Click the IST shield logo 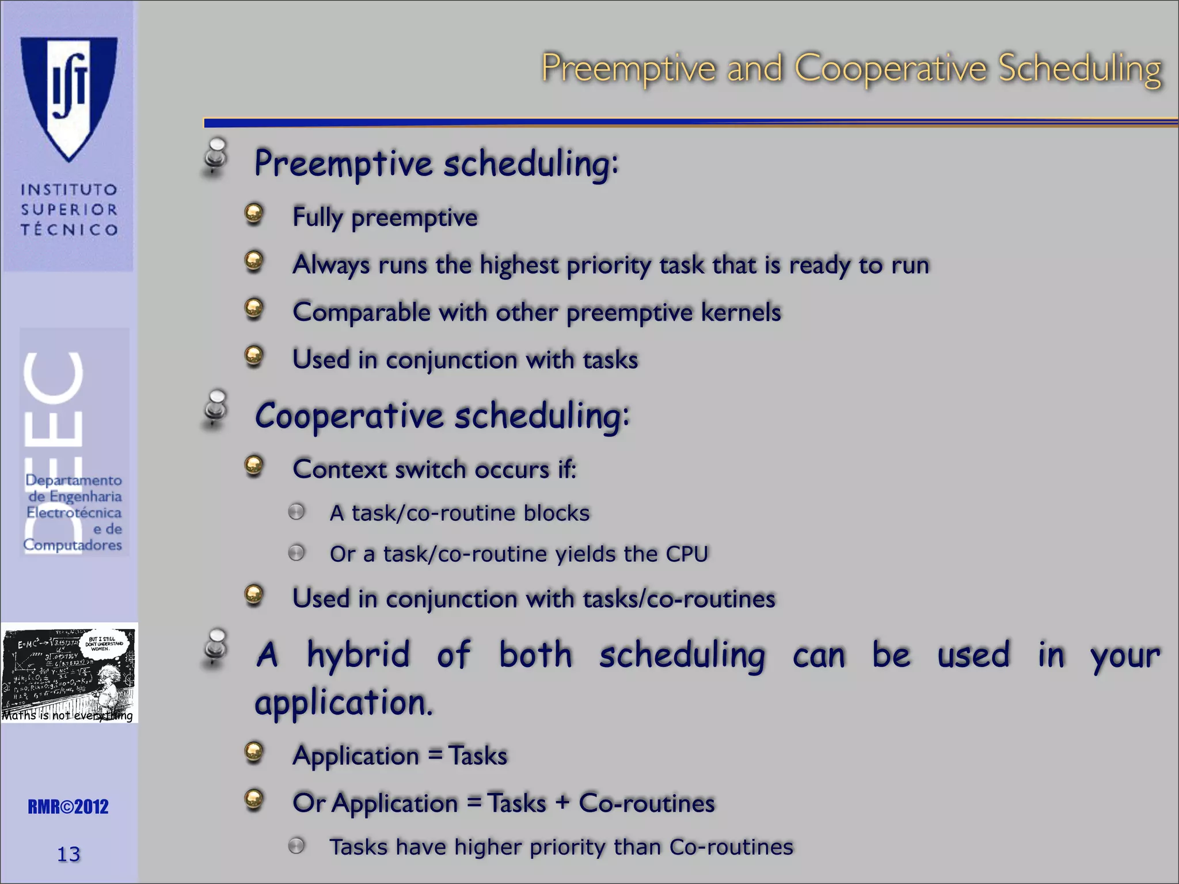tap(69, 95)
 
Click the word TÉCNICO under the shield tap(69, 230)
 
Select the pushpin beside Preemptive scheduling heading tap(216, 156)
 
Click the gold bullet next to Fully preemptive tap(254, 214)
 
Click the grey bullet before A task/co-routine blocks tap(296, 512)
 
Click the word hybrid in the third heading tap(358, 655)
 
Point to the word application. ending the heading tap(343, 703)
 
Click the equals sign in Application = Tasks tap(436, 755)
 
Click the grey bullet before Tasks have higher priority tap(296, 845)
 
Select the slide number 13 tap(69, 854)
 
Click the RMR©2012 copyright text tap(69, 807)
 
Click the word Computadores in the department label tap(73, 544)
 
